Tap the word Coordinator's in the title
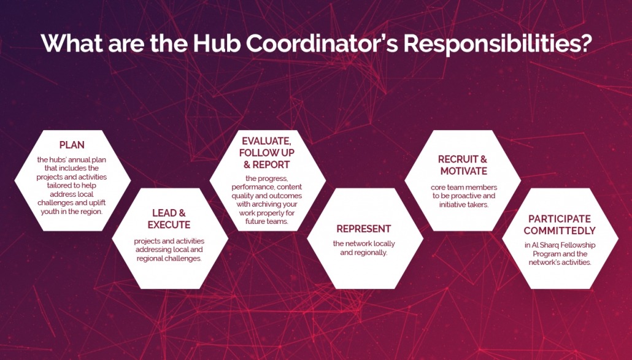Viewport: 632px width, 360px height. point(312,44)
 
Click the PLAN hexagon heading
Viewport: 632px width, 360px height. point(72,145)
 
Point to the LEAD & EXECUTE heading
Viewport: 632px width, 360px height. point(169,219)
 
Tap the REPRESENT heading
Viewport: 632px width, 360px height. point(363,229)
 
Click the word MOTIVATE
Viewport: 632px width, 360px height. point(463,171)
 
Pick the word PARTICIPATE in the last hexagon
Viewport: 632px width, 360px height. point(560,219)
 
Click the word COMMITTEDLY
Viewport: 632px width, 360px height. point(560,231)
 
